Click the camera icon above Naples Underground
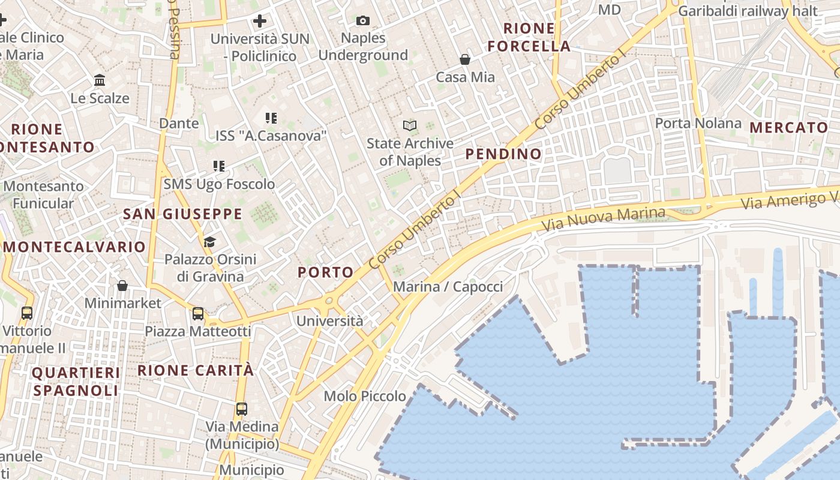click(362, 21)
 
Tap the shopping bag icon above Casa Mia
click(464, 59)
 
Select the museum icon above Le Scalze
click(100, 80)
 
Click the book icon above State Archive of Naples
click(410, 125)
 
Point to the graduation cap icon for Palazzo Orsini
click(209, 242)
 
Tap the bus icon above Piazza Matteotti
click(197, 313)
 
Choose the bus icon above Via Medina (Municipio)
click(242, 409)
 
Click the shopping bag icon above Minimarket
click(122, 285)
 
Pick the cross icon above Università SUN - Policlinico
click(259, 22)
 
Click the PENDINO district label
click(503, 154)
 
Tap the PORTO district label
click(326, 272)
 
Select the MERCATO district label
click(788, 128)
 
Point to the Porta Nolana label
click(698, 123)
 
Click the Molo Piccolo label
click(365, 396)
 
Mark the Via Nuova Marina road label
click(603, 220)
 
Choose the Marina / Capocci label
click(448, 287)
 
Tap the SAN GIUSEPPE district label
click(182, 214)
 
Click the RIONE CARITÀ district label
click(196, 370)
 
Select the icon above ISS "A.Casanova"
click(271, 118)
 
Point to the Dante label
click(179, 123)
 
